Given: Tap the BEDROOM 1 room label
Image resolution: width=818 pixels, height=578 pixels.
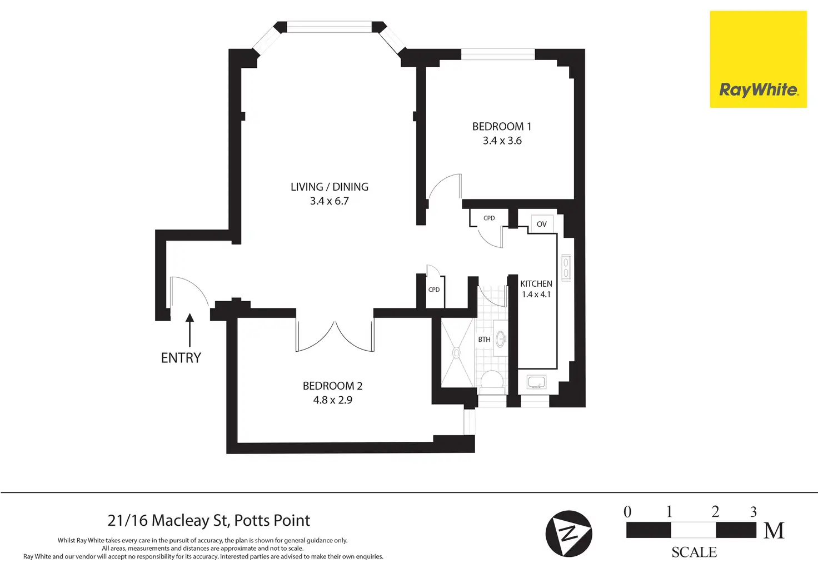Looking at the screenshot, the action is (x=501, y=127).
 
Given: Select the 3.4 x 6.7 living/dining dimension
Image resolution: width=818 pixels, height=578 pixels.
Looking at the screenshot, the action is (x=329, y=201).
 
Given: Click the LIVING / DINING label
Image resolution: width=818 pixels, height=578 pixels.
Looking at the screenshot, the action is (x=329, y=187).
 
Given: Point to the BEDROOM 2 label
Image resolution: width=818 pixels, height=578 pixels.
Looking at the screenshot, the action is (x=332, y=386).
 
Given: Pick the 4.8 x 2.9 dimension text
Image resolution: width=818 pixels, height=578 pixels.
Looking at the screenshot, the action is (x=332, y=400).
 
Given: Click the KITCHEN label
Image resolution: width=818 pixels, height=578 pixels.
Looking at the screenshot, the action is (x=536, y=283).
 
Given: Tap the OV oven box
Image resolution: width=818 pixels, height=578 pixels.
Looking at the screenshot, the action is (x=542, y=224).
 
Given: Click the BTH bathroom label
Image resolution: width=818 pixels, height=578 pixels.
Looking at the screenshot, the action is (x=484, y=340).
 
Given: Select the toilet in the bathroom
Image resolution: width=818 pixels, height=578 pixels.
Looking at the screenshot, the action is (x=492, y=381).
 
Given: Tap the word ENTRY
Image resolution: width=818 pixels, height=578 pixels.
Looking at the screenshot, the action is (x=181, y=358).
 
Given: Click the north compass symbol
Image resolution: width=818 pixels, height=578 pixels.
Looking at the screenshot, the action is (x=568, y=534).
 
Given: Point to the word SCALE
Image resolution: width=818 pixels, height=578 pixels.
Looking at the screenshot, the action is (x=694, y=552).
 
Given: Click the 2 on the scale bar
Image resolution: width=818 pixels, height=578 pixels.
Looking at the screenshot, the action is (x=715, y=512).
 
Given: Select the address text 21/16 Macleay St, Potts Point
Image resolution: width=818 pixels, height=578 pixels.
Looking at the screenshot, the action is (x=208, y=521).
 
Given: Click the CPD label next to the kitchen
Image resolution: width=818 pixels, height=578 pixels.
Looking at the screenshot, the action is (x=489, y=218).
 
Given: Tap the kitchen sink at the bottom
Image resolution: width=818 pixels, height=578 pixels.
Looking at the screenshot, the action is (x=536, y=382).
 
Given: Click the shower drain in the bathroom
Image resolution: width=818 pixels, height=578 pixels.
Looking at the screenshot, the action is (x=457, y=352).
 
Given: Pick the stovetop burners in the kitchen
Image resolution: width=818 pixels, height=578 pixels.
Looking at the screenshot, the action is (x=566, y=267).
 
